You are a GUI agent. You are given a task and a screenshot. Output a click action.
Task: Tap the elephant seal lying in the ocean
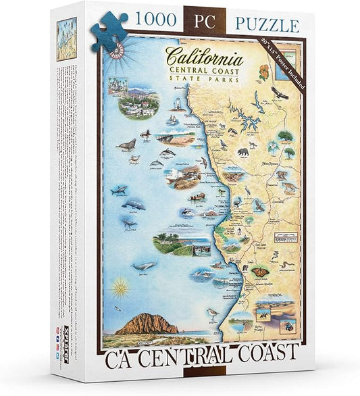click(x=126, y=144)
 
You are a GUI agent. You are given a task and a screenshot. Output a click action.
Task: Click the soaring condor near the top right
click(x=280, y=93)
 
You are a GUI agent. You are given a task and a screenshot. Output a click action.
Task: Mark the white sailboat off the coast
click(x=173, y=120)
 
